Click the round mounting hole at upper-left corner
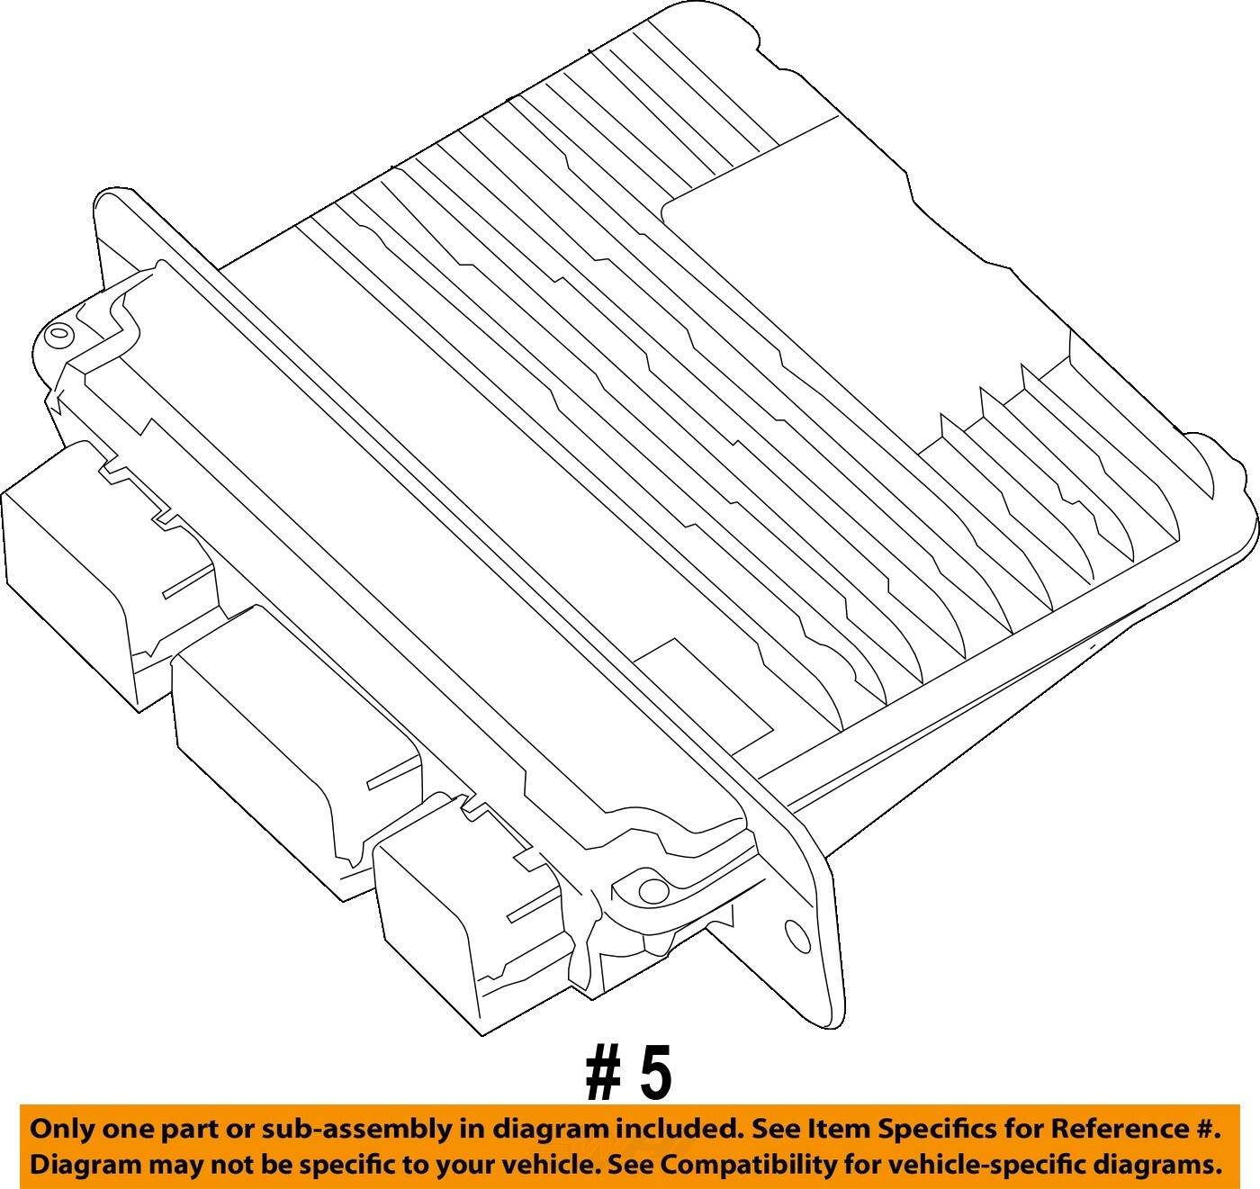click(x=58, y=334)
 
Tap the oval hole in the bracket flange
click(x=797, y=936)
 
